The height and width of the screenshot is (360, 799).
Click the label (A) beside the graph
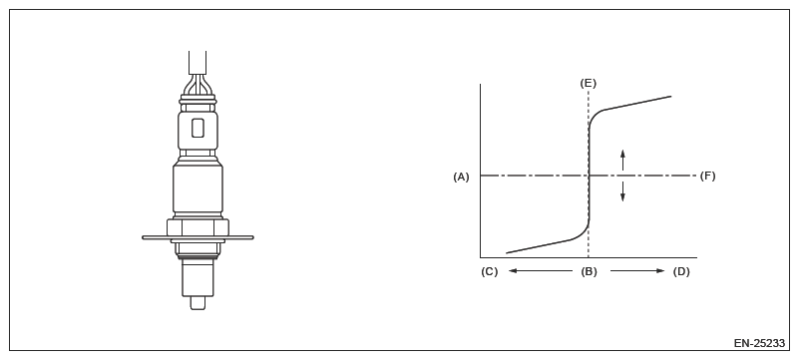[461, 177]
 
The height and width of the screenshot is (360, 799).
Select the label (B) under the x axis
[589, 271]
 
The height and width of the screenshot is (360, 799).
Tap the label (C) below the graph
[489, 271]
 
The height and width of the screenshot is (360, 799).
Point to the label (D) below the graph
[681, 271]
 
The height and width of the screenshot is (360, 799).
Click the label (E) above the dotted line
[589, 84]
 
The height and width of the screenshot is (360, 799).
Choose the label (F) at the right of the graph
[707, 177]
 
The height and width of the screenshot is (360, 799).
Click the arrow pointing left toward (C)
[541, 271]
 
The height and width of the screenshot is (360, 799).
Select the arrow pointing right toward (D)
[637, 271]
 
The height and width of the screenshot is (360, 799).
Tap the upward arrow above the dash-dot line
[622, 160]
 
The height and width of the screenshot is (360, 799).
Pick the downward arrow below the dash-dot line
[622, 191]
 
